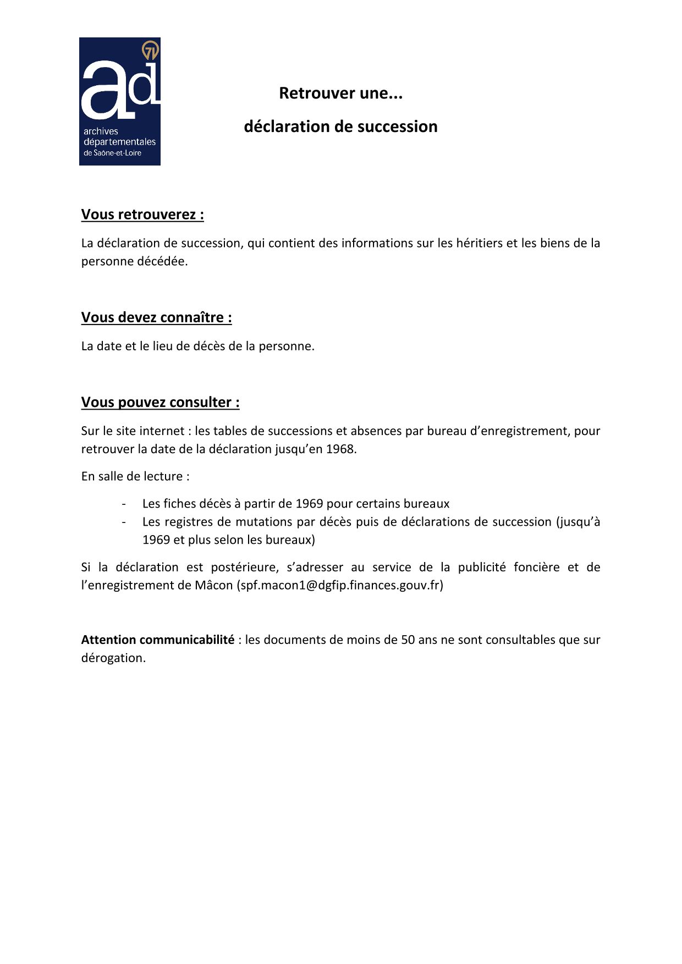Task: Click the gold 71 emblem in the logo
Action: (151, 51)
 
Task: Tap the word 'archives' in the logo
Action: (101, 131)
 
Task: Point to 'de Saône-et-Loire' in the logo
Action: (112, 153)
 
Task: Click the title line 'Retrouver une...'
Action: (340, 93)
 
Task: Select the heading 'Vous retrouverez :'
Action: (142, 214)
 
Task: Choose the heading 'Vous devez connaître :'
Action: (156, 317)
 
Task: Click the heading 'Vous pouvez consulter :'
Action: (160, 402)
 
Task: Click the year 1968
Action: (340, 449)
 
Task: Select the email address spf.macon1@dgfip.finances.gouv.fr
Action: (340, 585)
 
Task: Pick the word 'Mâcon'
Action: (214, 585)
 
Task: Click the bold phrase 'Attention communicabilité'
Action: (158, 640)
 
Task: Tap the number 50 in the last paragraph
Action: (408, 640)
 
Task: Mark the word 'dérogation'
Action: (113, 658)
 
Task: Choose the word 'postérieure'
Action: (244, 567)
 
